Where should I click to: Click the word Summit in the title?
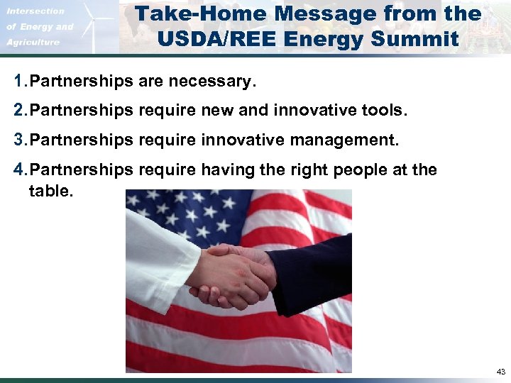(x=423, y=38)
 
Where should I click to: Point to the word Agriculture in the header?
(x=34, y=43)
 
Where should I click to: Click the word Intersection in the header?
(x=36, y=11)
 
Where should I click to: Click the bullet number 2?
(x=19, y=111)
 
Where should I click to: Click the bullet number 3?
(x=19, y=140)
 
